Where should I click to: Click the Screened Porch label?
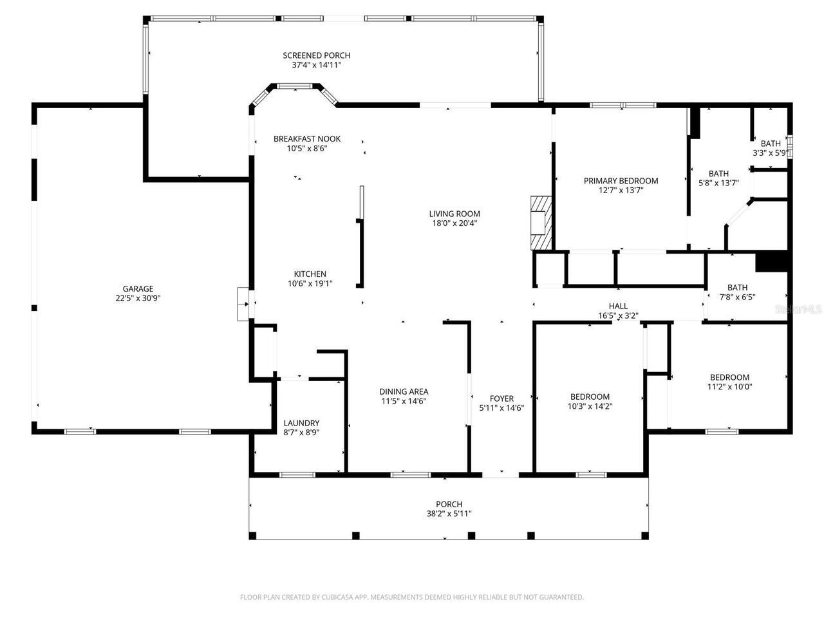pos(316,55)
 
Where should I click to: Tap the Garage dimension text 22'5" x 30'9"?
pos(138,298)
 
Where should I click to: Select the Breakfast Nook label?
pos(306,138)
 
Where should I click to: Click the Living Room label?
pos(454,214)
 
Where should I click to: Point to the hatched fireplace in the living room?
pos(541,223)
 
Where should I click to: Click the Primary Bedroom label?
pos(621,181)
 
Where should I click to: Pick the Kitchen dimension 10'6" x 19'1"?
pos(310,283)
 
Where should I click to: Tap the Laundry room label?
pos(301,423)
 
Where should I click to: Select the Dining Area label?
pos(403,391)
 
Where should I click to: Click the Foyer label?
pos(501,398)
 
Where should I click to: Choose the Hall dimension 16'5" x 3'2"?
pos(618,315)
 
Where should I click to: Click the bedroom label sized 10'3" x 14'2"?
pos(590,397)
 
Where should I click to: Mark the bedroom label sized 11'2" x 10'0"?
pos(729,377)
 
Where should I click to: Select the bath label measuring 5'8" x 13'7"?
pos(718,173)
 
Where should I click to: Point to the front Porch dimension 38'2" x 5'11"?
pos(449,514)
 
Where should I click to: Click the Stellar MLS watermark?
pos(798,309)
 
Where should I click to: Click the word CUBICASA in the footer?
pos(335,597)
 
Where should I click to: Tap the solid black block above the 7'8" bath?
pos(772,261)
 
